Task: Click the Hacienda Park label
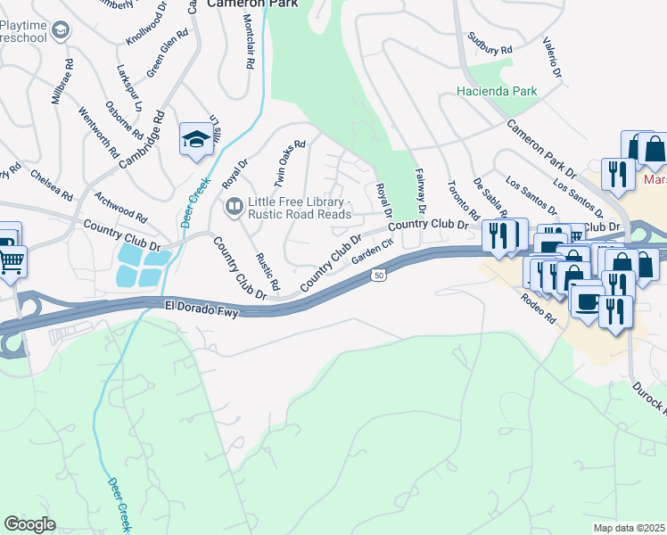tap(497, 91)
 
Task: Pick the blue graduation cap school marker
tap(195, 139)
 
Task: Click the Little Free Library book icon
tap(233, 207)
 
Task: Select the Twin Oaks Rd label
tap(290, 164)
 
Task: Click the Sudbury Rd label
tap(490, 44)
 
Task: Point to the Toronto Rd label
tap(464, 201)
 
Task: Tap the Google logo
tap(29, 524)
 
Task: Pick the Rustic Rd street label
tap(268, 272)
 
